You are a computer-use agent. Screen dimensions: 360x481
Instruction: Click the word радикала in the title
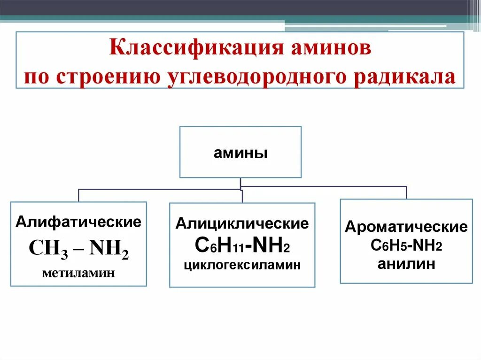click(409, 77)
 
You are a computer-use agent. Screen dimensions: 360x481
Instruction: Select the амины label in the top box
click(240, 153)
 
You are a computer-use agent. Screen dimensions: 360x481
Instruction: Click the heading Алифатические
click(78, 222)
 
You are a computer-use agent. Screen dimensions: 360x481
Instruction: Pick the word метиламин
click(78, 273)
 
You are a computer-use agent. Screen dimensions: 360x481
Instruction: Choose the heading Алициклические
click(242, 224)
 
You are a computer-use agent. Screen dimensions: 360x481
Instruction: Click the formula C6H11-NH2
click(242, 245)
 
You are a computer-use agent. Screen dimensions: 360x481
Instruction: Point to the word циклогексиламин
click(242, 265)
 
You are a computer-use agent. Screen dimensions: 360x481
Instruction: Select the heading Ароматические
click(406, 227)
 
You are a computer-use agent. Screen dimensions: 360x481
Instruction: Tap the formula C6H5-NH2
click(406, 245)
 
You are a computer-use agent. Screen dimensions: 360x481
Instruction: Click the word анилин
click(406, 264)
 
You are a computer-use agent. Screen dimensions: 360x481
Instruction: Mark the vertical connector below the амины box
click(240, 183)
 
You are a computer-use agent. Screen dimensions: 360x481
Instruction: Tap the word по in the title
click(38, 77)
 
